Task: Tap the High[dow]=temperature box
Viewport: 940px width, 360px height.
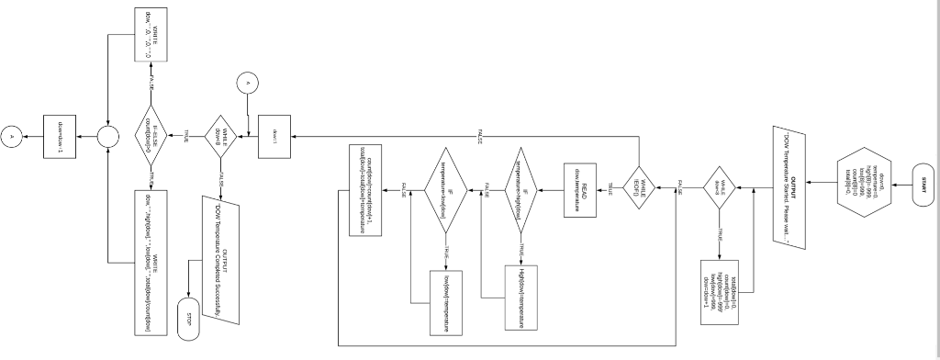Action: click(520, 296)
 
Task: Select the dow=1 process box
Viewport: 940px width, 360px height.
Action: click(274, 138)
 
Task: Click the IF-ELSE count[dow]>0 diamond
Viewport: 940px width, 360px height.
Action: click(153, 136)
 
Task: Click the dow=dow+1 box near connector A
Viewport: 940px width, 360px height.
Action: click(60, 137)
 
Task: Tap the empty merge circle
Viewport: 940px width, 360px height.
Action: click(110, 137)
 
